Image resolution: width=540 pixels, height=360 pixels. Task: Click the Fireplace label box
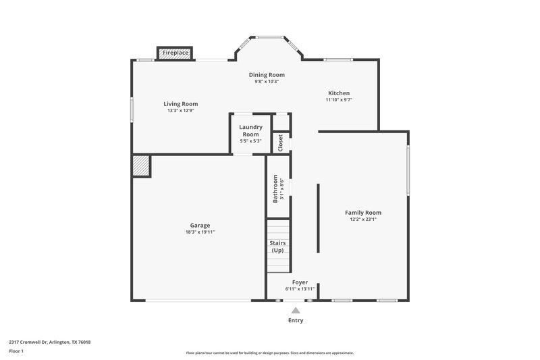click(175, 53)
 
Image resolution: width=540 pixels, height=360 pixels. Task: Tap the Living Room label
click(180, 104)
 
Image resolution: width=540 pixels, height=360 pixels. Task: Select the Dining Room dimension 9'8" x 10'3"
click(267, 82)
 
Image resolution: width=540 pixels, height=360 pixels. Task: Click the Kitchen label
click(339, 93)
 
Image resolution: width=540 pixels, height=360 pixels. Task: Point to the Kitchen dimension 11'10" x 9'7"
click(339, 100)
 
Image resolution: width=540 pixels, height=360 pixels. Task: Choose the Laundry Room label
click(250, 130)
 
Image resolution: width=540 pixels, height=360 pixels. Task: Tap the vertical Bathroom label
click(275, 189)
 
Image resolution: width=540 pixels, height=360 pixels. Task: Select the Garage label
click(200, 225)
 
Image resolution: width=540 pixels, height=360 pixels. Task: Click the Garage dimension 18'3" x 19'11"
click(200, 232)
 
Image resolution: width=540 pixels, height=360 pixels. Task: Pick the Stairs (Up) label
click(277, 246)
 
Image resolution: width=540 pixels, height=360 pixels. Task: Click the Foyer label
click(300, 282)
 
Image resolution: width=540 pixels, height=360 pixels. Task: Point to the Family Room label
click(363, 212)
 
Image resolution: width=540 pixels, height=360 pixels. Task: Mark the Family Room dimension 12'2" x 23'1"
click(363, 219)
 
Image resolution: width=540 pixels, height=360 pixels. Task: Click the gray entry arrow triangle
click(296, 310)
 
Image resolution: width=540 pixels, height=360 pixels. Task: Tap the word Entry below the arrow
click(296, 320)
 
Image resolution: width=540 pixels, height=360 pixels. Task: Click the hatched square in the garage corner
click(140, 165)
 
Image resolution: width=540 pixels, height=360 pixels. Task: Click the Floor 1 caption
click(16, 351)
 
